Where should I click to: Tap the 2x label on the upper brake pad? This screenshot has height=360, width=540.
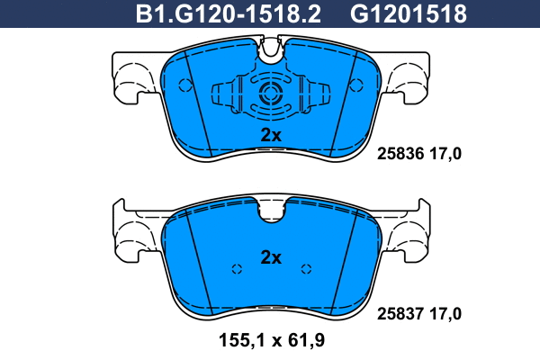pos(271,135)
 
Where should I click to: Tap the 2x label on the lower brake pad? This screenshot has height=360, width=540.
pos(271,257)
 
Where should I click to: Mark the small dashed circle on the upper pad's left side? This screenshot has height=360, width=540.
pos(186,86)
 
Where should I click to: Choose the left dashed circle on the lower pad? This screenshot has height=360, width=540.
pos(237,268)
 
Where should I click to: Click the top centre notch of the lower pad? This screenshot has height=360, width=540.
pos(271,210)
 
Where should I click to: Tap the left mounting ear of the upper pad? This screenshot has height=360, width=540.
pos(133,76)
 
